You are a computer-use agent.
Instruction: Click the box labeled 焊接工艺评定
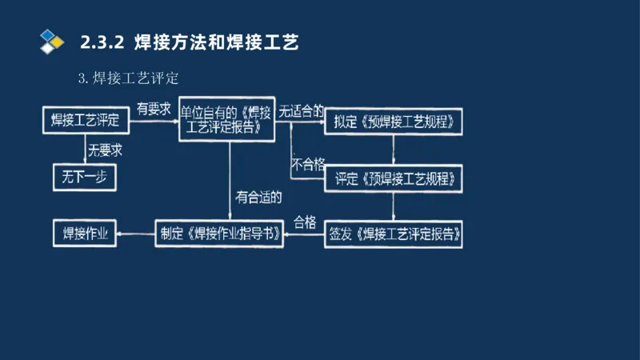[x=85, y=121]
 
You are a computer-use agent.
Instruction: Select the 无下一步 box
[x=85, y=177]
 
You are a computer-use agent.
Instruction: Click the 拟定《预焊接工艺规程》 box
[x=394, y=122]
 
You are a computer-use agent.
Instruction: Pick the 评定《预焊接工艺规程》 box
[x=394, y=178]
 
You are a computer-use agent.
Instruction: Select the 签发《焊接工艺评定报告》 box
[x=394, y=234]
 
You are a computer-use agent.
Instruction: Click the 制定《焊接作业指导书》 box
[x=219, y=234]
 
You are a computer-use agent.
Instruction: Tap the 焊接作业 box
[x=85, y=234]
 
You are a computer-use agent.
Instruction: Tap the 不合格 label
[x=308, y=165]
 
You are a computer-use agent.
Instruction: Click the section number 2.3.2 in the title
[x=102, y=42]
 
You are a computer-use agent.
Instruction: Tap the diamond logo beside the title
[x=52, y=40]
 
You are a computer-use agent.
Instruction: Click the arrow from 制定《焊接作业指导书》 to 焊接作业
[x=135, y=234]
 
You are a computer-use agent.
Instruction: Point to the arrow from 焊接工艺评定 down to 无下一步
[x=86, y=148]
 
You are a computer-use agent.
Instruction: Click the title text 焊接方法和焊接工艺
[x=216, y=42]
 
